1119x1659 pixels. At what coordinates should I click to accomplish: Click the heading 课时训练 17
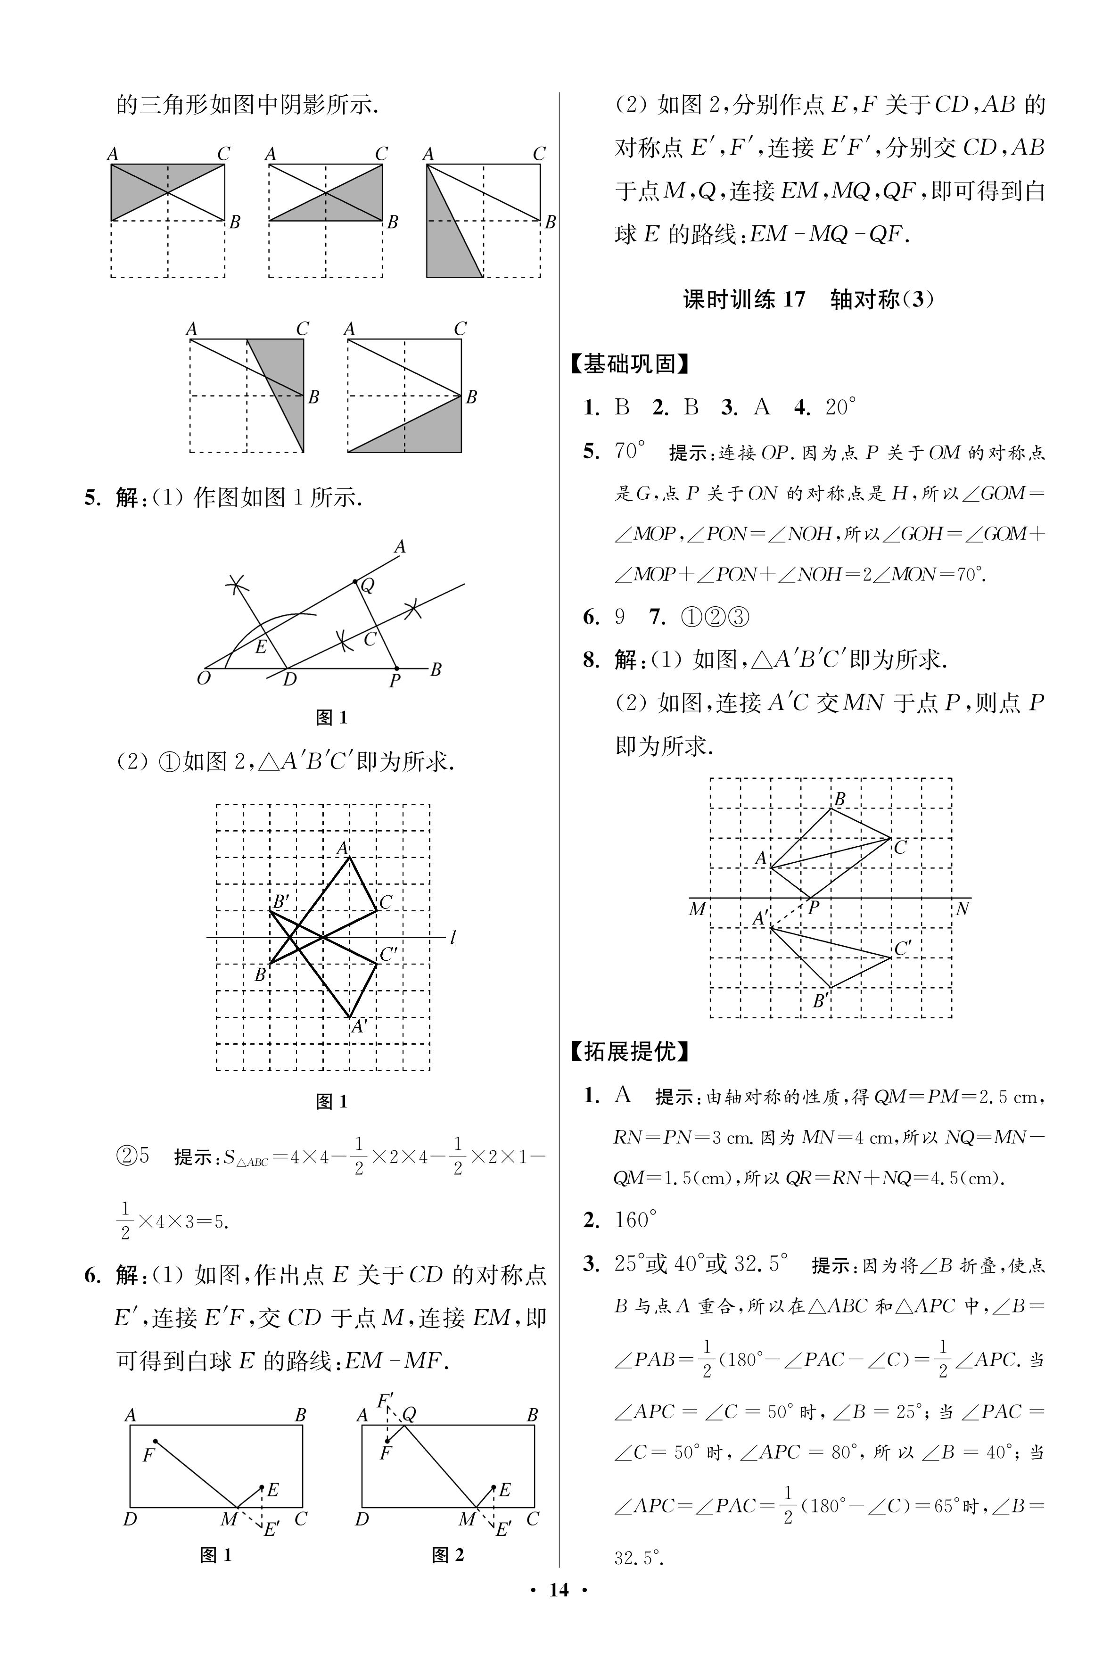[x=744, y=299]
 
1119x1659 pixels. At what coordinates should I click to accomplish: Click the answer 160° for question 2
[x=634, y=1220]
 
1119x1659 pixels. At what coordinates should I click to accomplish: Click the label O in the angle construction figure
[x=203, y=678]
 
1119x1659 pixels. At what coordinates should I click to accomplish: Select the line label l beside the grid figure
[x=453, y=938]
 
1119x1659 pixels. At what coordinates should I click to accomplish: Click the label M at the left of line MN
[x=697, y=909]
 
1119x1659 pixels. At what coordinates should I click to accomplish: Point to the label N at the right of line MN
[x=962, y=909]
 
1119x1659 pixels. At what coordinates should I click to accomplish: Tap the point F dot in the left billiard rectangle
[x=155, y=1441]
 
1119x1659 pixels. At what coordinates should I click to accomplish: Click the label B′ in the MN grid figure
[x=822, y=1001]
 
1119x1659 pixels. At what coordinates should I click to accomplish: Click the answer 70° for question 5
[x=629, y=451]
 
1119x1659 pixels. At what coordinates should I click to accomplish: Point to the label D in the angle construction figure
[x=289, y=679]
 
